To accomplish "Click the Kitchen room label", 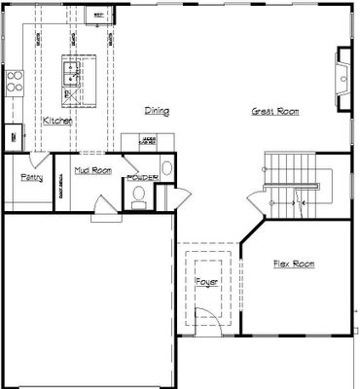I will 57,120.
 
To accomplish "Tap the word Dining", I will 157,111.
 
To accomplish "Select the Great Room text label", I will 274,112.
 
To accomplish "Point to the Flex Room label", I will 293,264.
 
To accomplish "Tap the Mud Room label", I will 93,170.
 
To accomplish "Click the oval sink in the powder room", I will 166,168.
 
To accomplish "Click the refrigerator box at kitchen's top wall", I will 98,15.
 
